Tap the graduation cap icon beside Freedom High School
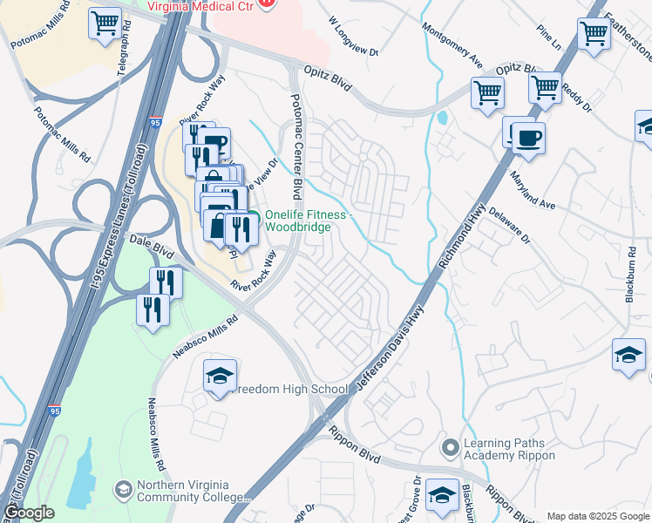coord(221,377)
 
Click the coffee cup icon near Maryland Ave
coord(528,137)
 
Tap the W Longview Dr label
coord(354,36)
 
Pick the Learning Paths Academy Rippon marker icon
coord(450,449)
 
